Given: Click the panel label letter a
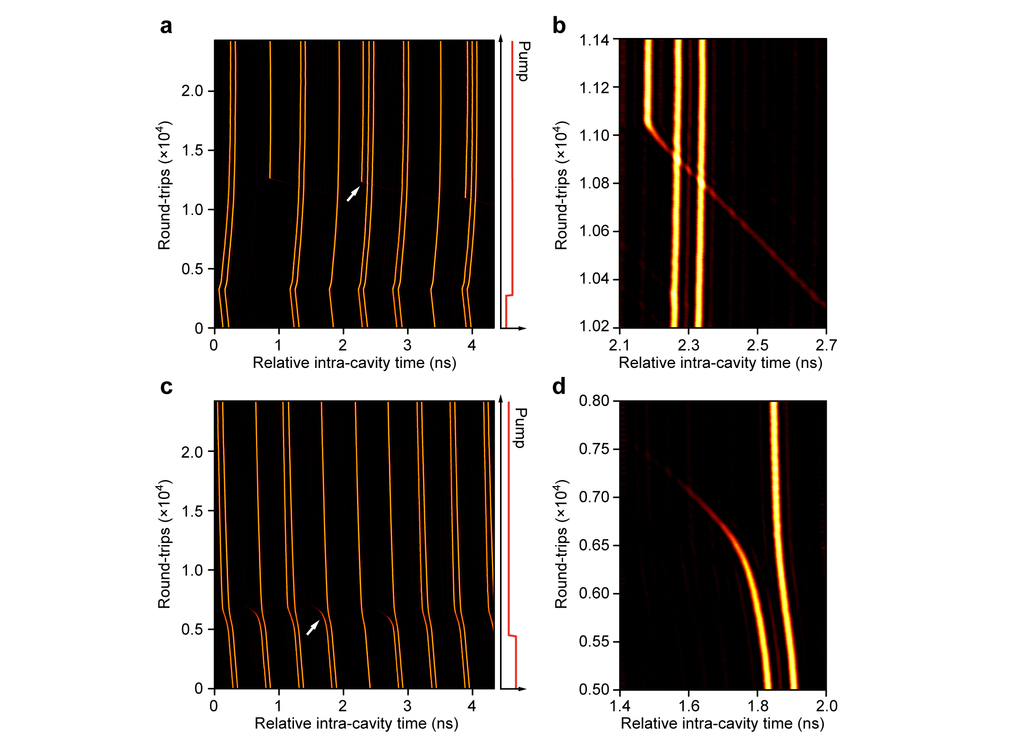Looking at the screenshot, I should (166, 26).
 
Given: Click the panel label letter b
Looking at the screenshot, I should (559, 26).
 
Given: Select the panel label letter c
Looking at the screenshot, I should (166, 387).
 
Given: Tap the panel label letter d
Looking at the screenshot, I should (559, 386).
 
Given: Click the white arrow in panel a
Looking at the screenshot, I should (353, 194).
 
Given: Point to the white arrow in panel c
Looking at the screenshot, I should (312, 628).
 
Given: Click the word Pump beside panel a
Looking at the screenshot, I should (523, 61).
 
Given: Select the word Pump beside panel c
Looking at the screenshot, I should (521, 428).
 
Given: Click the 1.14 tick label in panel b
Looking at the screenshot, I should (594, 40).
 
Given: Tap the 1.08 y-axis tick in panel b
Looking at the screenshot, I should (594, 183).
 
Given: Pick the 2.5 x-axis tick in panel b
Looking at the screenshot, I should (757, 345).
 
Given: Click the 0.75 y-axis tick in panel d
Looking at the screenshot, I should (594, 449).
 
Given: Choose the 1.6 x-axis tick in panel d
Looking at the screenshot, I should (689, 706).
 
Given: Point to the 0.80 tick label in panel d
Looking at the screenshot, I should (594, 401).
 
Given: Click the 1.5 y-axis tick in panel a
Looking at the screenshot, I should (192, 150).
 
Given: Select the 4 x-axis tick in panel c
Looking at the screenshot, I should (472, 706).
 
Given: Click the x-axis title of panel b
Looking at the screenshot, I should (720, 363).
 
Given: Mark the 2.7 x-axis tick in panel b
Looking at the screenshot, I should (826, 345).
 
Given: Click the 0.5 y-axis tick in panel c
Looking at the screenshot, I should (192, 629).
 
